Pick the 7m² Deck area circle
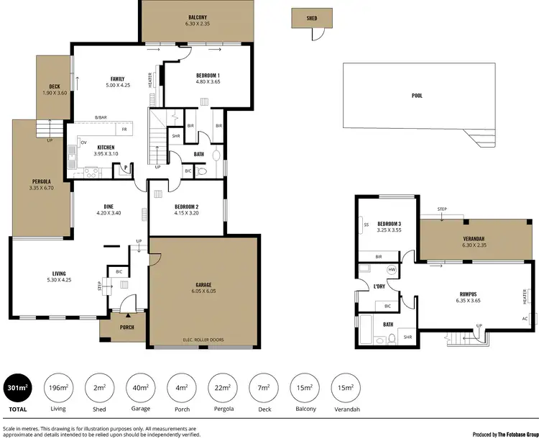point(264,390)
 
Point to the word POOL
point(417,95)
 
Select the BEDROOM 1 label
point(208,75)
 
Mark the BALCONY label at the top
point(198,17)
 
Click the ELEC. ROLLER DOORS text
point(203,339)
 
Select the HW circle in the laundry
point(392,270)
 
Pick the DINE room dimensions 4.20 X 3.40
point(110,213)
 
